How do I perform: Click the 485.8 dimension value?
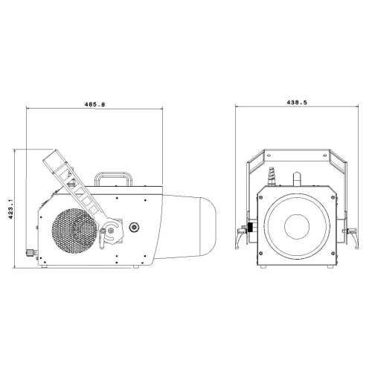94,104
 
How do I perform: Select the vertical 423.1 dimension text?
10,209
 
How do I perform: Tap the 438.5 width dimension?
297,103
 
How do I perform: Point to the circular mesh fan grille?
74,231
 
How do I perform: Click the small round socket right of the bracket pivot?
134,227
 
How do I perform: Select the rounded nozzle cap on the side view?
208,226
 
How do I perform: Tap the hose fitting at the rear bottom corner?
31,253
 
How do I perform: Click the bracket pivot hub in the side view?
111,231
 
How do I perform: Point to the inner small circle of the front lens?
297,227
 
